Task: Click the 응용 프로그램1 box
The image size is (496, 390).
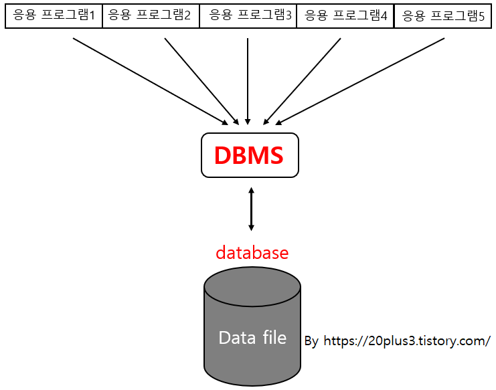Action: pos(54,15)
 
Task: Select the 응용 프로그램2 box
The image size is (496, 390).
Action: pos(151,15)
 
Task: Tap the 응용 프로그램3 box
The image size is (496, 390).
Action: pos(248,15)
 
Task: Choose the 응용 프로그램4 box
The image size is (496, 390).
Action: pos(345,15)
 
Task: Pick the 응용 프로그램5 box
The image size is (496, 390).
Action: pos(442,15)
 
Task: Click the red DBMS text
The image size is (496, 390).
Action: pos(249,155)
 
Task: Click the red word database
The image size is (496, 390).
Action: pos(252,253)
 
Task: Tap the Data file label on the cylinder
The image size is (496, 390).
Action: pos(252,338)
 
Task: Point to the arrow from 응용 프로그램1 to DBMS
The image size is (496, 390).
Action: pos(149,80)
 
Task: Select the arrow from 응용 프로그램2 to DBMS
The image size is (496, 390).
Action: pos(201,80)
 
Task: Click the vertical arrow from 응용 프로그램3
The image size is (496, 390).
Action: pos(248,80)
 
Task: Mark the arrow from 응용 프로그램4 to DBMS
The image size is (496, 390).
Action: pos(303,80)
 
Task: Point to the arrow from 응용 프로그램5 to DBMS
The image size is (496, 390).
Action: pos(360,80)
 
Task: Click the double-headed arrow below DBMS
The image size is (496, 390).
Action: pos(251,209)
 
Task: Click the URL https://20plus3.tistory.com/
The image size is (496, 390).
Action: pos(407,340)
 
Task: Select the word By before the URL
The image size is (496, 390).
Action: pos(311,341)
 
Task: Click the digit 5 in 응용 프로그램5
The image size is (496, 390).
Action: pos(481,15)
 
